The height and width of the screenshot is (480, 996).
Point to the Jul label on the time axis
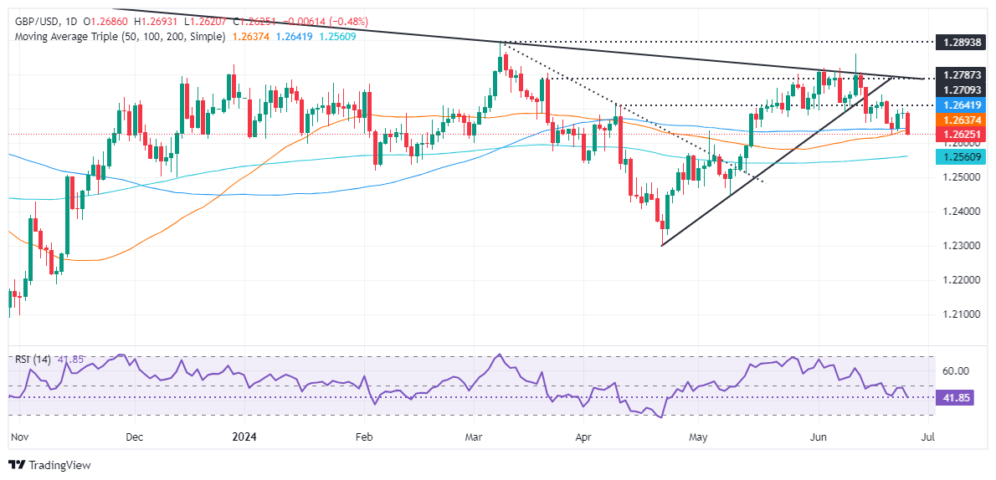tap(929, 437)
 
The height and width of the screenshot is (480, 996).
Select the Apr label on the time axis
tap(583, 437)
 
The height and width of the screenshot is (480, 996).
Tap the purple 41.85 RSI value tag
tap(958, 397)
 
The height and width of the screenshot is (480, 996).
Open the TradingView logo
tap(49, 465)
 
